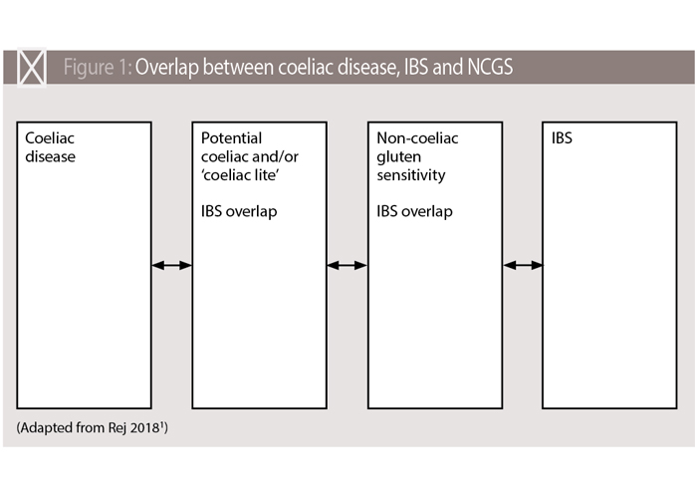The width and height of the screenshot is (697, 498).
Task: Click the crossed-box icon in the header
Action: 32,68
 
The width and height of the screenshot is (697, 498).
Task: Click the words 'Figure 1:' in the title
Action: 98,68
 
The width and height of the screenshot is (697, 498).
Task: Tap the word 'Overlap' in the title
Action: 166,67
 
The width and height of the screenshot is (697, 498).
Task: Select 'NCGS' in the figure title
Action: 490,67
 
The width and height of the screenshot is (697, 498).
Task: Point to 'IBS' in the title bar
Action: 416,67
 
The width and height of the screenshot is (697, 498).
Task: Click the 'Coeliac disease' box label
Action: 50,147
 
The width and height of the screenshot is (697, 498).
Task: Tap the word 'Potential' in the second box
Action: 231,137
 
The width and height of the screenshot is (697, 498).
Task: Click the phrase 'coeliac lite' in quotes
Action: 240,174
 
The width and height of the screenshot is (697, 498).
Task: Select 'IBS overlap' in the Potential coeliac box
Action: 239,211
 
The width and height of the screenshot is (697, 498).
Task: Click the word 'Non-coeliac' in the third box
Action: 417,137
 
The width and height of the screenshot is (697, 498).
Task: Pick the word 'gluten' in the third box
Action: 398,157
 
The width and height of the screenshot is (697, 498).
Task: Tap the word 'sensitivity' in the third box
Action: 410,175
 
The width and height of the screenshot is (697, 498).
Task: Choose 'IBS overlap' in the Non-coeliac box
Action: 414,211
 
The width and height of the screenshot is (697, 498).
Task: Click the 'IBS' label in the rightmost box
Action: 562,137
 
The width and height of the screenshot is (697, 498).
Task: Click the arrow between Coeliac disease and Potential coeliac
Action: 171,266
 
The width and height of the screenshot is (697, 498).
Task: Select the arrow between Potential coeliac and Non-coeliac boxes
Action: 347,266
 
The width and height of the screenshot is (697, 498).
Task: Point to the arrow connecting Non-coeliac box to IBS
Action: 523,266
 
